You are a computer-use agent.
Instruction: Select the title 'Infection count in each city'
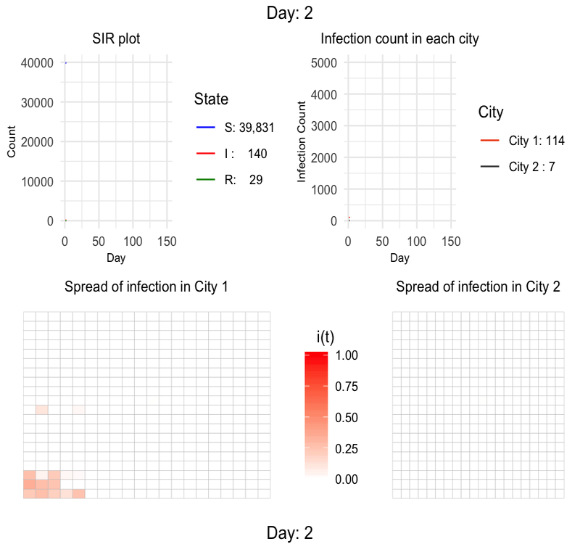tap(399, 38)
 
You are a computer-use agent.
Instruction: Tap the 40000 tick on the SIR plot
tap(36, 63)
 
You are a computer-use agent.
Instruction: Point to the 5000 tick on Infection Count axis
tap(324, 63)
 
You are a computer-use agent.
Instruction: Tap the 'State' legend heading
tap(212, 99)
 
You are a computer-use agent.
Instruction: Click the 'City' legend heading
tap(491, 112)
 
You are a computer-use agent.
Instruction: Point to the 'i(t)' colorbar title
tap(326, 337)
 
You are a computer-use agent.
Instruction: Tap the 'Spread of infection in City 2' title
tap(478, 287)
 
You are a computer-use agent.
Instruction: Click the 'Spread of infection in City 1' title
tap(146, 287)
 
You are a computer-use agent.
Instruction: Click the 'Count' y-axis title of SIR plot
tap(12, 142)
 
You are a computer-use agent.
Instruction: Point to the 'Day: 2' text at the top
tap(290, 12)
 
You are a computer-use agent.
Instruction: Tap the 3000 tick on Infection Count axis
tap(324, 126)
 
